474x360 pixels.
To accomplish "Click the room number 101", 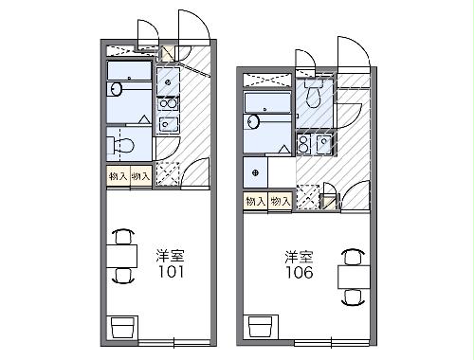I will point(171,271).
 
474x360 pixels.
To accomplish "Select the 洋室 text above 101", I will point(171,254).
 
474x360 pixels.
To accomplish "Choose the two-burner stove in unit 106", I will point(303,144).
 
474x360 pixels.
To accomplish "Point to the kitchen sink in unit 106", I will point(323,144).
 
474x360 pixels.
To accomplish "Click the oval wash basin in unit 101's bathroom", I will point(116,91).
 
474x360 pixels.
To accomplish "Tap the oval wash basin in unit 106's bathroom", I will point(252,121).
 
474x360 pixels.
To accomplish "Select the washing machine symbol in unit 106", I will point(255,171).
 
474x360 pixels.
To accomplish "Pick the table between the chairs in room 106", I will point(352,275).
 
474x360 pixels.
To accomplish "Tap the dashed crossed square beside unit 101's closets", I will point(167,174).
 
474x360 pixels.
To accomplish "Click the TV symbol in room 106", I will point(259,327).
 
